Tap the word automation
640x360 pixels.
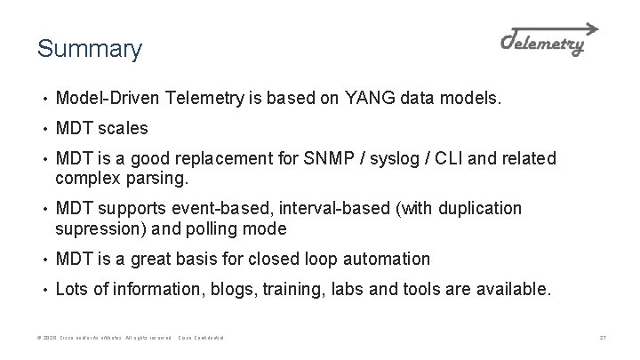click(386, 259)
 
